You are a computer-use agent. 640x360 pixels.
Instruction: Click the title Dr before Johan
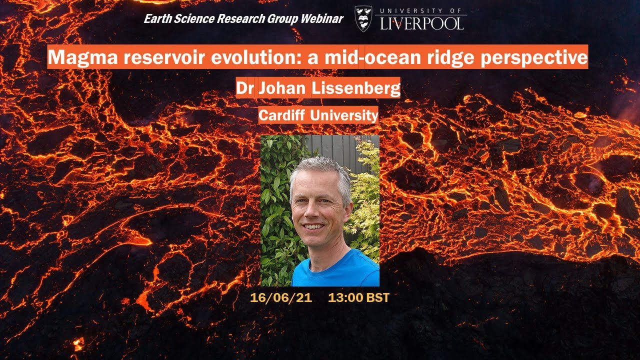[246, 88]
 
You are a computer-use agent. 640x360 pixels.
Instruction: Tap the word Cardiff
[282, 116]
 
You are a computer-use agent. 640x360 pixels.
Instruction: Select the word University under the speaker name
[343, 116]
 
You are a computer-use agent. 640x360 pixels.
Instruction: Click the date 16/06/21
[281, 297]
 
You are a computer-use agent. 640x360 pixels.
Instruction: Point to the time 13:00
[346, 297]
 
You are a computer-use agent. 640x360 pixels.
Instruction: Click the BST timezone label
[378, 297]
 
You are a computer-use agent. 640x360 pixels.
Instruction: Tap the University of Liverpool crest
[363, 19]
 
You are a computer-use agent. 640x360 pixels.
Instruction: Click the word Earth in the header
[156, 19]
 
